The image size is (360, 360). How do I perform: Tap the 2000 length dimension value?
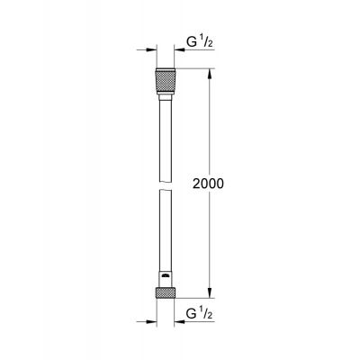click(207, 183)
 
